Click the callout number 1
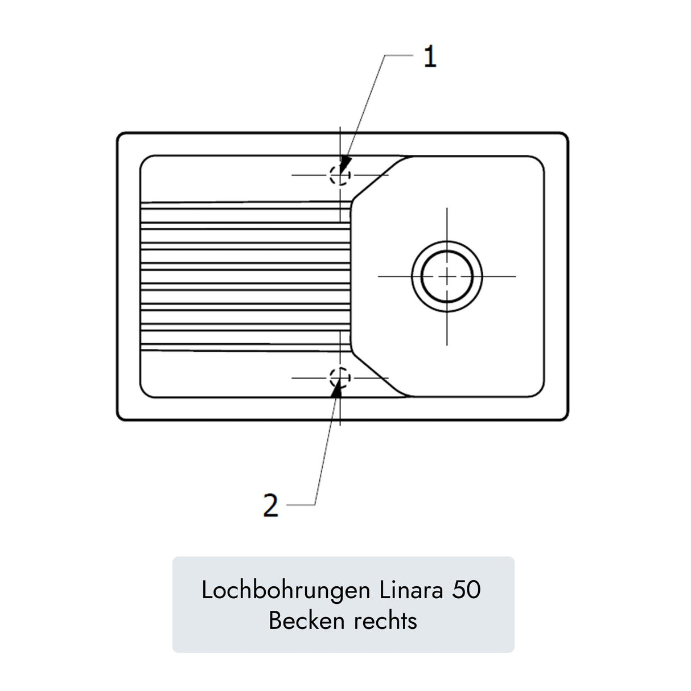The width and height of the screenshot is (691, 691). tap(430, 56)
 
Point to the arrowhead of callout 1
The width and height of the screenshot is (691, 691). tap(344, 166)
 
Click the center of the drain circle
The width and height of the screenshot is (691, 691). tap(446, 277)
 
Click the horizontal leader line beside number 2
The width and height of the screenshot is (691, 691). tap(301, 505)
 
